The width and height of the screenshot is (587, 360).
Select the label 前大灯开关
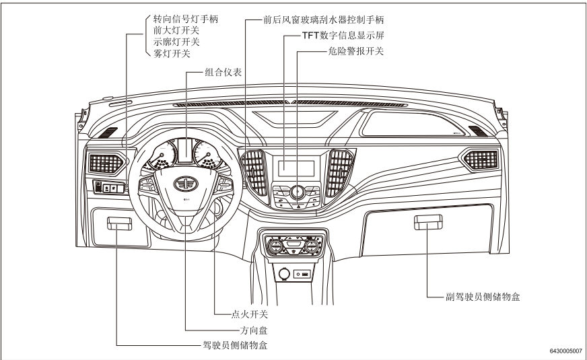pyautogui.click(x=172, y=31)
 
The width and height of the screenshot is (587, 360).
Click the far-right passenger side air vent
pyautogui.click(x=479, y=159)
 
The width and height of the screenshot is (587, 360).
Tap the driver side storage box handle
pyautogui.click(x=119, y=223)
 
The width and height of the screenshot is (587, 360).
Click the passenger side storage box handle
pyautogui.click(x=427, y=222)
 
